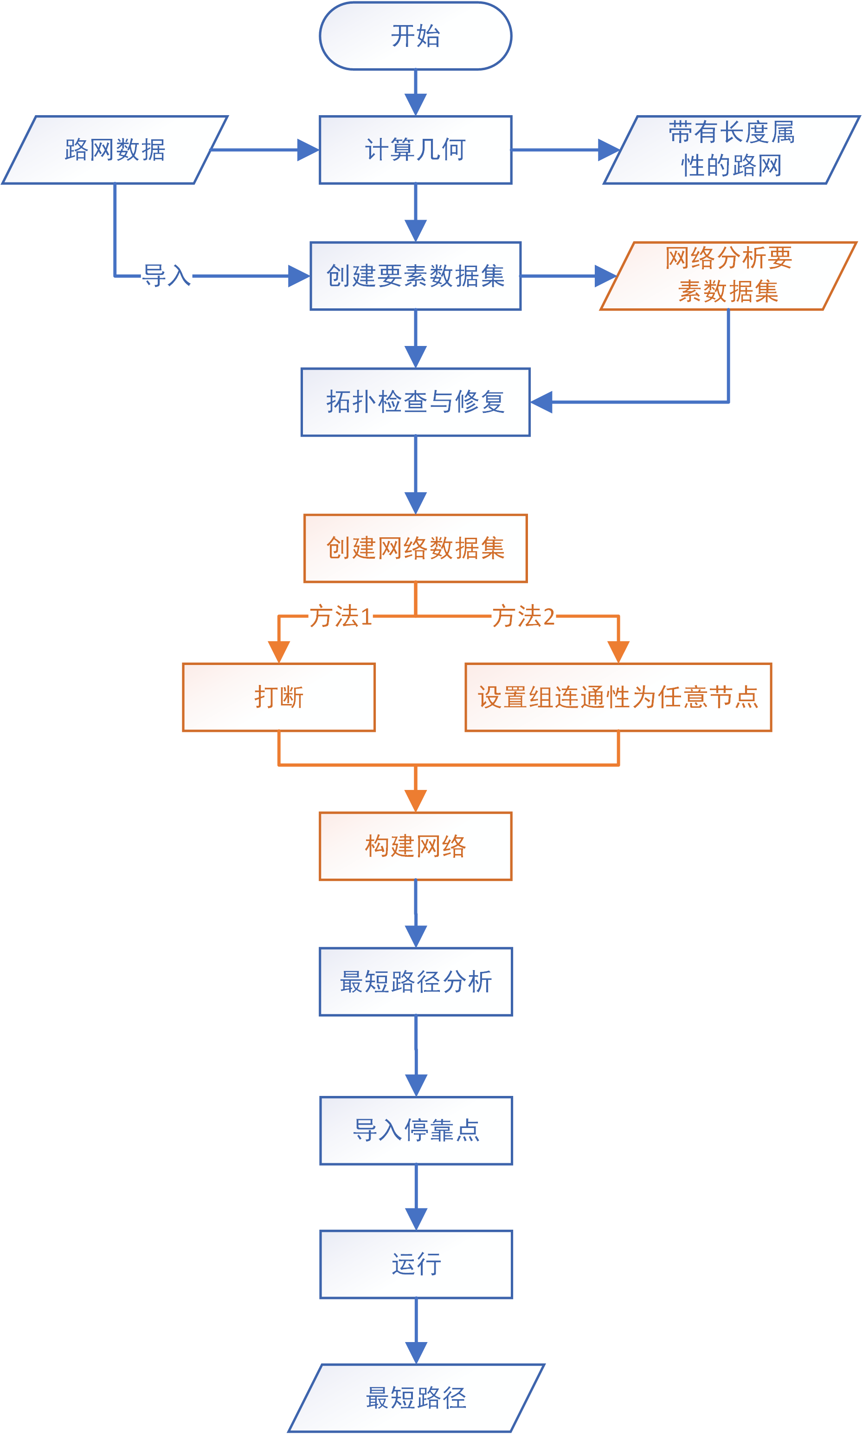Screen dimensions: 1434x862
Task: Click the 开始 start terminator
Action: (x=415, y=36)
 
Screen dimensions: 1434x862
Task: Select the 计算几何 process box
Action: (x=415, y=150)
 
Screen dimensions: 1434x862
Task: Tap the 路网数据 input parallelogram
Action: (x=115, y=150)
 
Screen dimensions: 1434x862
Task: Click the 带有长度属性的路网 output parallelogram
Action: (x=731, y=150)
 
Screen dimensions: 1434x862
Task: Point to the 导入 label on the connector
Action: (x=167, y=275)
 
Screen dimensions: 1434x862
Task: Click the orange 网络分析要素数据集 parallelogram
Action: (x=728, y=275)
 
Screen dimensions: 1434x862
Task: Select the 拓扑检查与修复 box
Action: (x=415, y=402)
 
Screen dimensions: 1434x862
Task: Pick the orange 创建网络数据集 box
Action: (x=415, y=548)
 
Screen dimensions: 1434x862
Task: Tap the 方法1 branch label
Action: (x=341, y=616)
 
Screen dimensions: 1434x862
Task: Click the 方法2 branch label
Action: (x=523, y=616)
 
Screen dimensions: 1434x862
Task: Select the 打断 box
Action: (x=279, y=697)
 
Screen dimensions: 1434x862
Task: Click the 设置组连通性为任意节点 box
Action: (x=618, y=697)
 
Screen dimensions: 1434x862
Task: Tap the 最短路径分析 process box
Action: (x=416, y=982)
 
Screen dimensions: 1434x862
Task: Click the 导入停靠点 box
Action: (x=416, y=1131)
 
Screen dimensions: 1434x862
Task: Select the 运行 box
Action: (x=416, y=1264)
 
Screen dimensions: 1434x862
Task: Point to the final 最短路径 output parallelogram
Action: (x=416, y=1398)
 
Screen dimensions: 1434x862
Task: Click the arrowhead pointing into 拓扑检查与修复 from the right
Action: (x=541, y=402)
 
